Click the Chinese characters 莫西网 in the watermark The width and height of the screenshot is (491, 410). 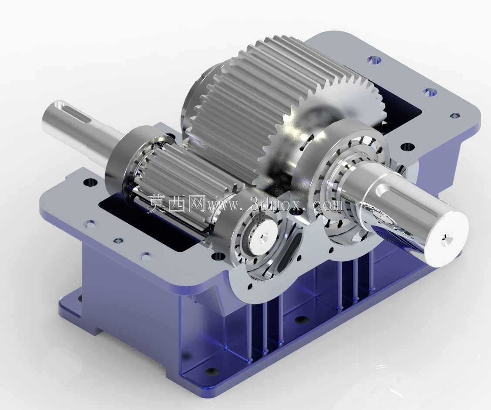click(176, 203)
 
